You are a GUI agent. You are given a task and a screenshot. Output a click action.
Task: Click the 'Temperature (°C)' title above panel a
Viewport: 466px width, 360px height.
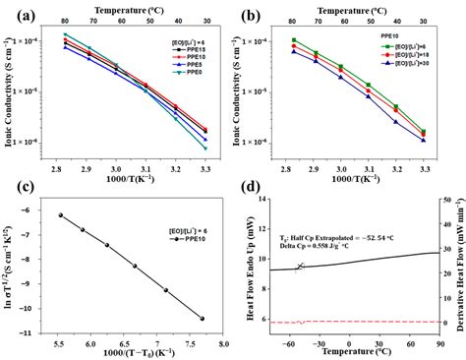[x=140, y=7]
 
